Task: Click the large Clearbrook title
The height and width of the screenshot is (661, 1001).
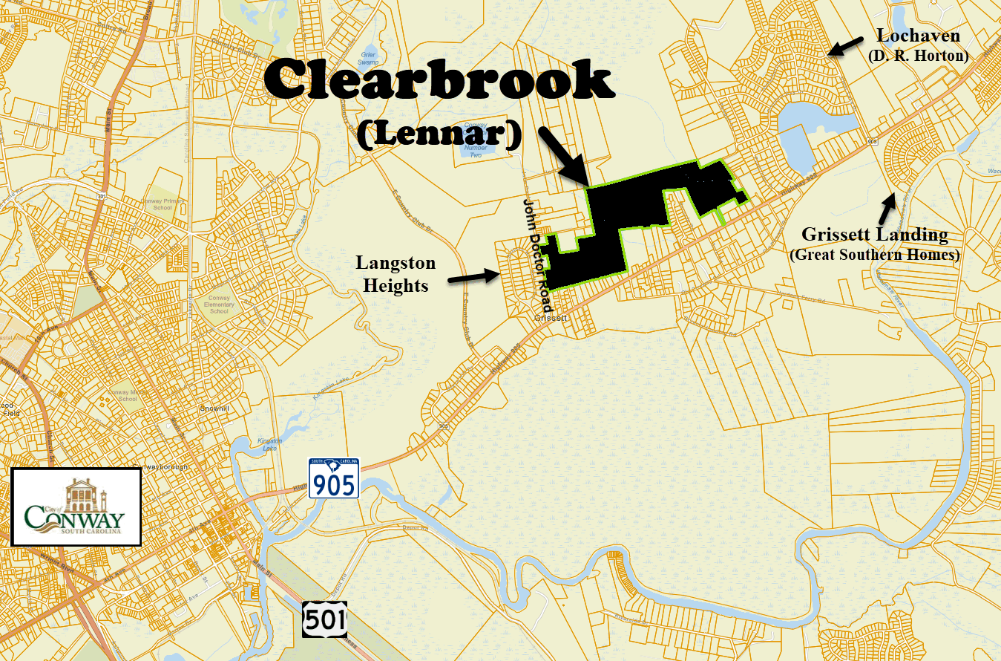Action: pyautogui.click(x=439, y=81)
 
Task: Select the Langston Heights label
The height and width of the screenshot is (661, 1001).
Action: pyautogui.click(x=396, y=274)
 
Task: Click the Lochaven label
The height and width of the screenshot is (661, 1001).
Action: pyautogui.click(x=918, y=36)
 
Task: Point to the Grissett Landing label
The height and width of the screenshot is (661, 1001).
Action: pyautogui.click(x=874, y=235)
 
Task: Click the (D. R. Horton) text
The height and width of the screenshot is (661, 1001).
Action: pyautogui.click(x=917, y=55)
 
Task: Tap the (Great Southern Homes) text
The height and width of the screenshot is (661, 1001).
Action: pyautogui.click(x=874, y=255)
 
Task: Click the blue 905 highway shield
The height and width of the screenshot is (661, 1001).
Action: pyautogui.click(x=334, y=478)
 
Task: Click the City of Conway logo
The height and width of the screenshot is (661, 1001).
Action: pyautogui.click(x=76, y=507)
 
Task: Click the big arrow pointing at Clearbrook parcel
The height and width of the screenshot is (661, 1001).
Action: pyautogui.click(x=563, y=155)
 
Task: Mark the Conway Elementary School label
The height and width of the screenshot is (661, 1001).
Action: pyautogui.click(x=219, y=305)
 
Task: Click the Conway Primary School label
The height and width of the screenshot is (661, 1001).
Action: pyautogui.click(x=156, y=203)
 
